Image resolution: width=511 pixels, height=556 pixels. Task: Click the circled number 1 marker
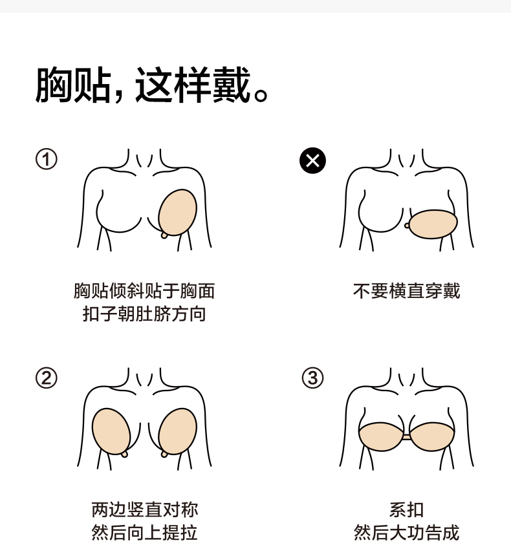tap(46, 159)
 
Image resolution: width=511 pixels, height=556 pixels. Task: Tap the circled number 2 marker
tap(46, 378)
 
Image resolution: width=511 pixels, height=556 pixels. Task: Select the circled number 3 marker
tap(312, 378)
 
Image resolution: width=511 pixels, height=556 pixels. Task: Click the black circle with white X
tap(312, 160)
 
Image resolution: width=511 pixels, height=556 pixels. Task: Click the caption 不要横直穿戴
tap(406, 291)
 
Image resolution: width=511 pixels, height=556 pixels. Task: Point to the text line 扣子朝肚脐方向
tap(144, 315)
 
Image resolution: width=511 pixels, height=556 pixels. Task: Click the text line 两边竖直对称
tap(144, 509)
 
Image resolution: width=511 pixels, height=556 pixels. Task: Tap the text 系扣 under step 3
tap(406, 509)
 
